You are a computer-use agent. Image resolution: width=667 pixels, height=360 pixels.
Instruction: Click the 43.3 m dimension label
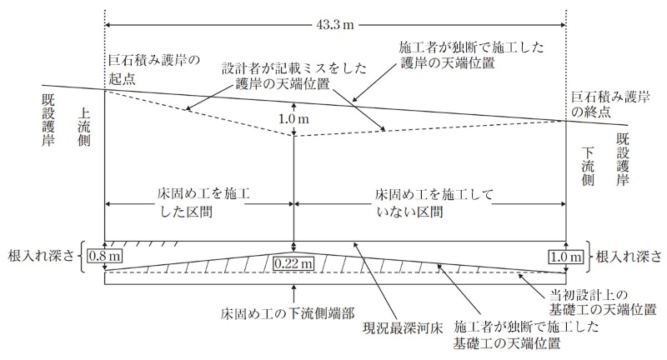click(335, 25)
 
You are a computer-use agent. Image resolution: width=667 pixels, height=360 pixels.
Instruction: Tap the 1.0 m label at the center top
click(293, 119)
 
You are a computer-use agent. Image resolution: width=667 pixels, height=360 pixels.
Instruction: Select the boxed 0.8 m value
click(105, 257)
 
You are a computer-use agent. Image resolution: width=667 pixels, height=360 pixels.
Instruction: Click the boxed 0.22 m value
click(293, 263)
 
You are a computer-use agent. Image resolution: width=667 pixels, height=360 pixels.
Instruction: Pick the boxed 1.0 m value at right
click(566, 257)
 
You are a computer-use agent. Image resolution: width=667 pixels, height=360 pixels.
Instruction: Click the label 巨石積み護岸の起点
click(154, 70)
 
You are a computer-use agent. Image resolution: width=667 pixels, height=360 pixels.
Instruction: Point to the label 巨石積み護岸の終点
click(610, 104)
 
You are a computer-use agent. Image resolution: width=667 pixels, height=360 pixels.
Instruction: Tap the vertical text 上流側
click(84, 127)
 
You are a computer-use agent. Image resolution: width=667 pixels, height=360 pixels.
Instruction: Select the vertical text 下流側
click(588, 167)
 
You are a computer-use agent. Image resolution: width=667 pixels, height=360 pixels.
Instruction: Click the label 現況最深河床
click(403, 328)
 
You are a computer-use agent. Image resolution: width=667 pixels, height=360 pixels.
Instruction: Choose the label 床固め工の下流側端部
click(288, 313)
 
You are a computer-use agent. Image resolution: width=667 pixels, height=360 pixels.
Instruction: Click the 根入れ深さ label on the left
click(41, 257)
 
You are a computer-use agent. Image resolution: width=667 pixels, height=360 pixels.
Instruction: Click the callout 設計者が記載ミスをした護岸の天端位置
click(294, 76)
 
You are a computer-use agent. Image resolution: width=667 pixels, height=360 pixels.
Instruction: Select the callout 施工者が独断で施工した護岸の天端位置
click(472, 55)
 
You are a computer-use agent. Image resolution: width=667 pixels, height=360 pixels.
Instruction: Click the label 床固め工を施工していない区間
click(434, 202)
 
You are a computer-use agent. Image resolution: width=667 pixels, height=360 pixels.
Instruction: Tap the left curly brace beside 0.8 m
click(81, 257)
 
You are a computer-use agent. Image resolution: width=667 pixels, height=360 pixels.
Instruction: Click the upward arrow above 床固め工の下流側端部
click(293, 294)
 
